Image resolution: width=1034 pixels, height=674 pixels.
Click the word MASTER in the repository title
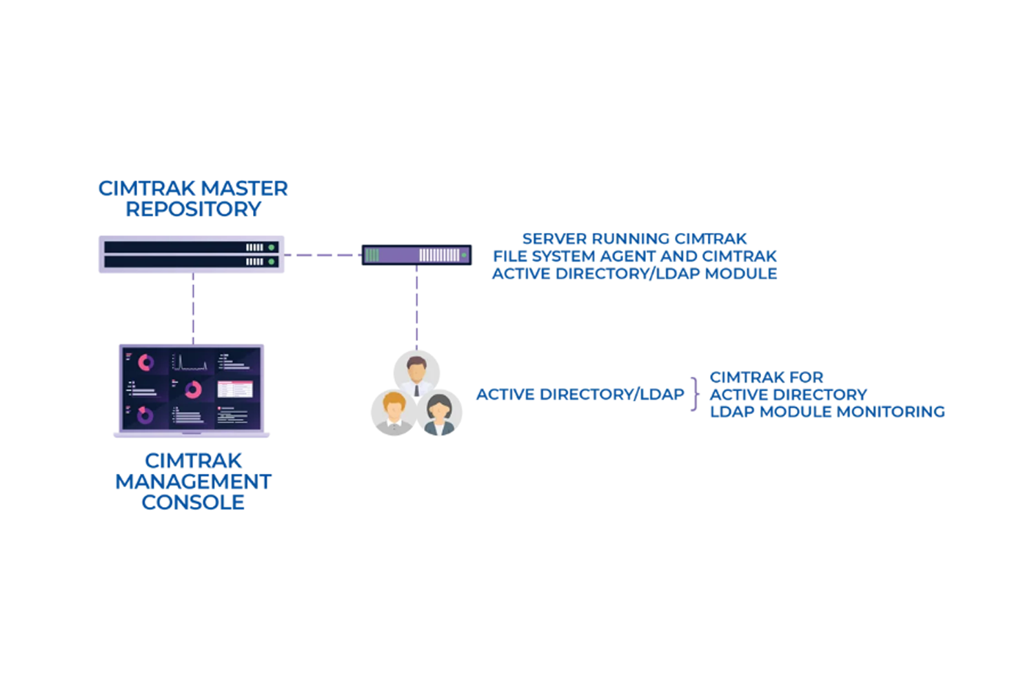tap(244, 188)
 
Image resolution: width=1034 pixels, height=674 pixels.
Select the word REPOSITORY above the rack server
tap(193, 209)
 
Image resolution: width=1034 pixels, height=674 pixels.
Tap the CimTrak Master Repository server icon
tap(191, 255)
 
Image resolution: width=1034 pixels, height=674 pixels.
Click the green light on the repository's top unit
tap(272, 247)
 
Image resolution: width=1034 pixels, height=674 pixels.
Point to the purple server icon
tap(416, 255)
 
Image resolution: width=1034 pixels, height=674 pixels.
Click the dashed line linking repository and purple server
tap(323, 255)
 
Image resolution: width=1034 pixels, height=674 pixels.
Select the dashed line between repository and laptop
tap(193, 308)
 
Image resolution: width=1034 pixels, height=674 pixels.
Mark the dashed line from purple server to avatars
tap(416, 308)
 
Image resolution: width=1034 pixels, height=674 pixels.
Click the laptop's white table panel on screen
tap(235, 390)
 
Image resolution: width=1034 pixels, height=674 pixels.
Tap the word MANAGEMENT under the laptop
tap(193, 482)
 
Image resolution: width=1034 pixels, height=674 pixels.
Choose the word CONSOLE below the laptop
tap(193, 502)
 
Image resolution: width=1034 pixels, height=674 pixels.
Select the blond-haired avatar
tap(394, 413)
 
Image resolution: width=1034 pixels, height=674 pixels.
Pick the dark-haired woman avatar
tap(439, 413)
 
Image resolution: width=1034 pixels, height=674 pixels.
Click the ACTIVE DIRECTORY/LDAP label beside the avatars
tap(580, 395)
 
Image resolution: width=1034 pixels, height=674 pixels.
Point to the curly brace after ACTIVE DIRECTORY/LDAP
tap(695, 394)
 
